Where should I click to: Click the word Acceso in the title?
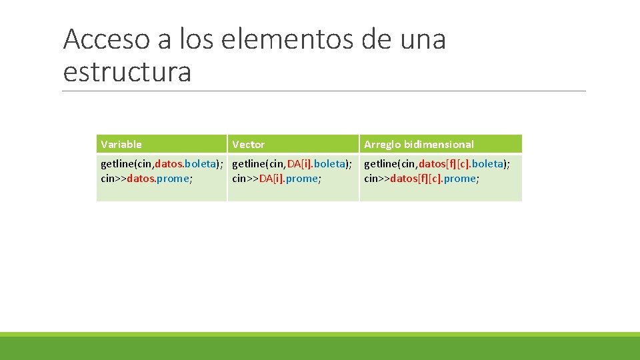pos(107,40)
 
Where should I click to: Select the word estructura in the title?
pos(127,72)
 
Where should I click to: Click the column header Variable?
pos(121,144)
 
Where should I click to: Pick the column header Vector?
pos(248,144)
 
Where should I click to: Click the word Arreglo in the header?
pos(382,144)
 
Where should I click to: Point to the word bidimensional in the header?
pos(439,144)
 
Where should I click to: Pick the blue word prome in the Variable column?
pos(173,179)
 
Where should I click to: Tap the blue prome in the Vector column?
pos(302,179)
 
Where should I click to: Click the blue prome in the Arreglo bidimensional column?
pos(460,179)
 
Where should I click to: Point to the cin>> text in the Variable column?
pos(113,179)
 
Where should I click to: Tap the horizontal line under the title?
pos(324,91)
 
